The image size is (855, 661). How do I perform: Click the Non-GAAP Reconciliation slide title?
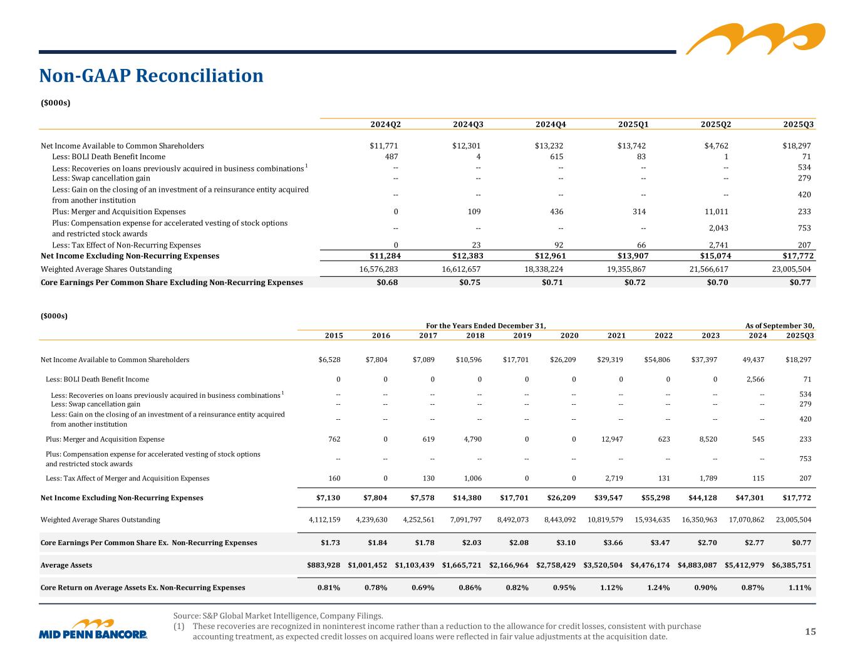point(151,76)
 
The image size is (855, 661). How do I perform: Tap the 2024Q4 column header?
point(551,124)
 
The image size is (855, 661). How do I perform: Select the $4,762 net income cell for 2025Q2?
point(715,146)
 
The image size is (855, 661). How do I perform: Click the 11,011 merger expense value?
point(715,212)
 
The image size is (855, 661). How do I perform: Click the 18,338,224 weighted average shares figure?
point(543,269)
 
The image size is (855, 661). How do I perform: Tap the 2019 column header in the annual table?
point(522,336)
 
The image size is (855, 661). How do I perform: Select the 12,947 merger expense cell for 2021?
point(611,439)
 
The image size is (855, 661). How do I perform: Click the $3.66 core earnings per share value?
point(612,543)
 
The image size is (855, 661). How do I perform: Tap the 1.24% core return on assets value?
point(658,588)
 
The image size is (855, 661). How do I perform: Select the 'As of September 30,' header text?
point(779,326)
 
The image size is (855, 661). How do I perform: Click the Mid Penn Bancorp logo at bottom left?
point(93,630)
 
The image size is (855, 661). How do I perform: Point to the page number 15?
point(811,632)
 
